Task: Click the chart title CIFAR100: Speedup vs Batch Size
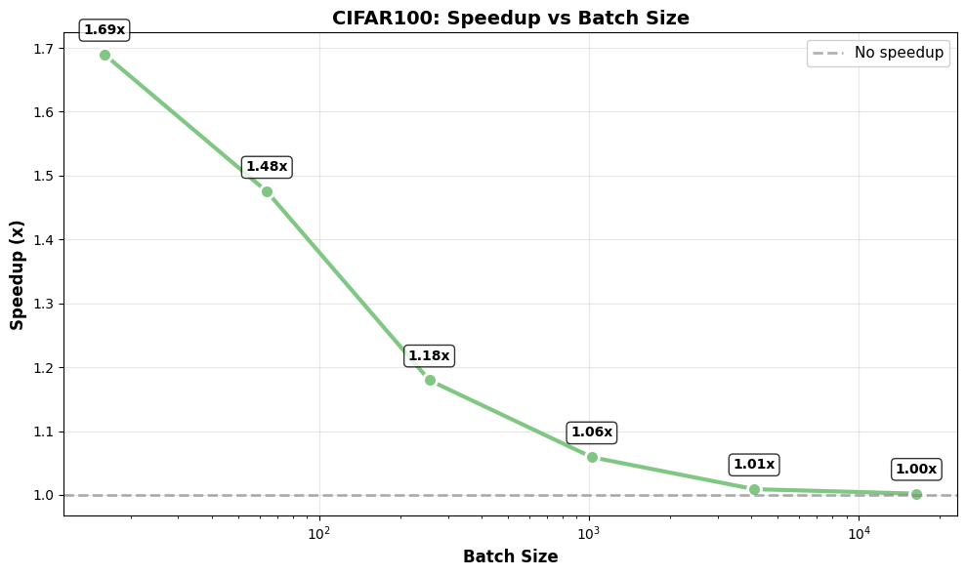pos(510,18)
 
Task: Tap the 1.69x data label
pos(105,30)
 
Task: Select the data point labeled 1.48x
pos(267,191)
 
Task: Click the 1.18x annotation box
pos(429,356)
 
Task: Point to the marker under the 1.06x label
pos(592,457)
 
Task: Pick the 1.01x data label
pos(754,465)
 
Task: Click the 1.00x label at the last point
pos(916,470)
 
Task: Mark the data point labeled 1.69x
pos(105,56)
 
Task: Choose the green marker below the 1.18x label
pos(430,380)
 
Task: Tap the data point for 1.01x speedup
pos(754,489)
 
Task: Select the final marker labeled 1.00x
pos(916,494)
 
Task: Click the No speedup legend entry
pos(878,53)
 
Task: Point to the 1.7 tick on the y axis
pos(41,49)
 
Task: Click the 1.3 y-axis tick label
pos(41,304)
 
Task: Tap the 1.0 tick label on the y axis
pos(41,495)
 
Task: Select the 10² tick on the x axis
pos(318,532)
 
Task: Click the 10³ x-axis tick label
pos(588,532)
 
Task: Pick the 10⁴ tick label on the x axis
pos(859,532)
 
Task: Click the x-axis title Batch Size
pos(510,557)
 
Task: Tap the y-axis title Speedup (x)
pos(18,274)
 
